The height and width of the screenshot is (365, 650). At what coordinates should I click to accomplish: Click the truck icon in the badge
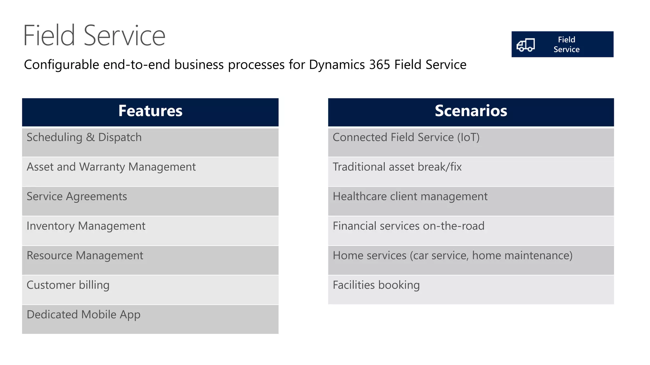click(526, 45)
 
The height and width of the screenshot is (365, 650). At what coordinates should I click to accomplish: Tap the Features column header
click(150, 111)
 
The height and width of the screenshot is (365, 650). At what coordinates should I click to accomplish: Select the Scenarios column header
click(471, 111)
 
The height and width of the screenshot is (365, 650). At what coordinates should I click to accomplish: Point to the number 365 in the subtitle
click(379, 65)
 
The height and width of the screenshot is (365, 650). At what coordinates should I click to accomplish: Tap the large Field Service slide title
click(94, 35)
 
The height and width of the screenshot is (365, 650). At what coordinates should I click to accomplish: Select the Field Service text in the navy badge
click(567, 44)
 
